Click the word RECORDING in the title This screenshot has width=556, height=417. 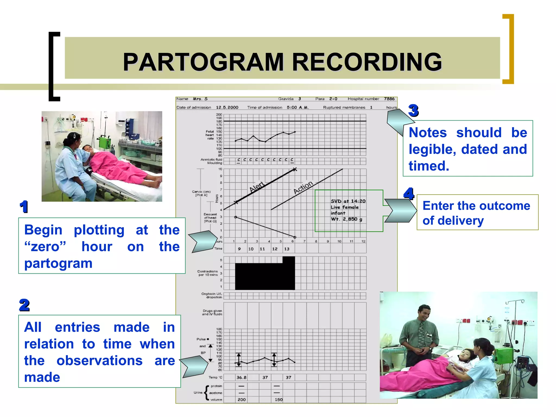tap(367, 62)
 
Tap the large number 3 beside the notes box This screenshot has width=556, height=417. tap(413, 110)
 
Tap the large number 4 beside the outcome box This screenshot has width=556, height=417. tap(409, 194)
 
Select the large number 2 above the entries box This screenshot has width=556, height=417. tap(24, 305)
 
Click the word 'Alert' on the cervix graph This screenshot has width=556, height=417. tap(257, 187)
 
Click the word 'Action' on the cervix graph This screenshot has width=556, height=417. tap(303, 187)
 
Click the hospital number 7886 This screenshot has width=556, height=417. tap(389, 99)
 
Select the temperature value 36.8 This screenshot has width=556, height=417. tap(241, 377)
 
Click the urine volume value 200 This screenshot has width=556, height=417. tap(241, 400)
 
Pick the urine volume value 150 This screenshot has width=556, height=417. tap(279, 400)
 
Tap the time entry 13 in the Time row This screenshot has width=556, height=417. tap(287, 249)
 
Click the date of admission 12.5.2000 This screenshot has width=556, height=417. tap(227, 108)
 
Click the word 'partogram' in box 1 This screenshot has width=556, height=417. tap(58, 263)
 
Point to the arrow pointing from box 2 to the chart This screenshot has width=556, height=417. tap(194, 367)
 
